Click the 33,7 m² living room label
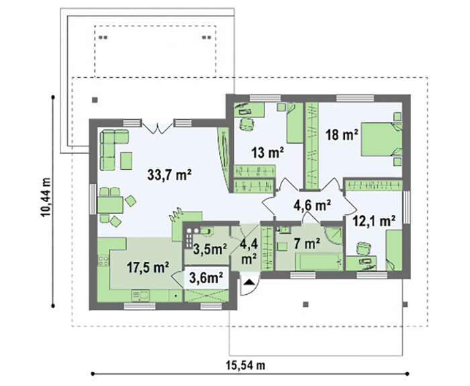(169, 175)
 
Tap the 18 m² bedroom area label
(342, 134)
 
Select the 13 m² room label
(268, 152)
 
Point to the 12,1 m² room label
(373, 221)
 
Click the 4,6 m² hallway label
(312, 205)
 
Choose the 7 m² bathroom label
(307, 244)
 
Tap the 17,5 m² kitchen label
(148, 267)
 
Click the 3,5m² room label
(209, 249)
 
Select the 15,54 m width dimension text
(246, 365)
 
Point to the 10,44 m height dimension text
(46, 197)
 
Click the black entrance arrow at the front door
(248, 283)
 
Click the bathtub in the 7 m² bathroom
(319, 262)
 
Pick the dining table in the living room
(110, 205)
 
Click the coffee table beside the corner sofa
(126, 160)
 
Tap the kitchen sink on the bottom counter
(140, 295)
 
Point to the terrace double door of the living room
(158, 127)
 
